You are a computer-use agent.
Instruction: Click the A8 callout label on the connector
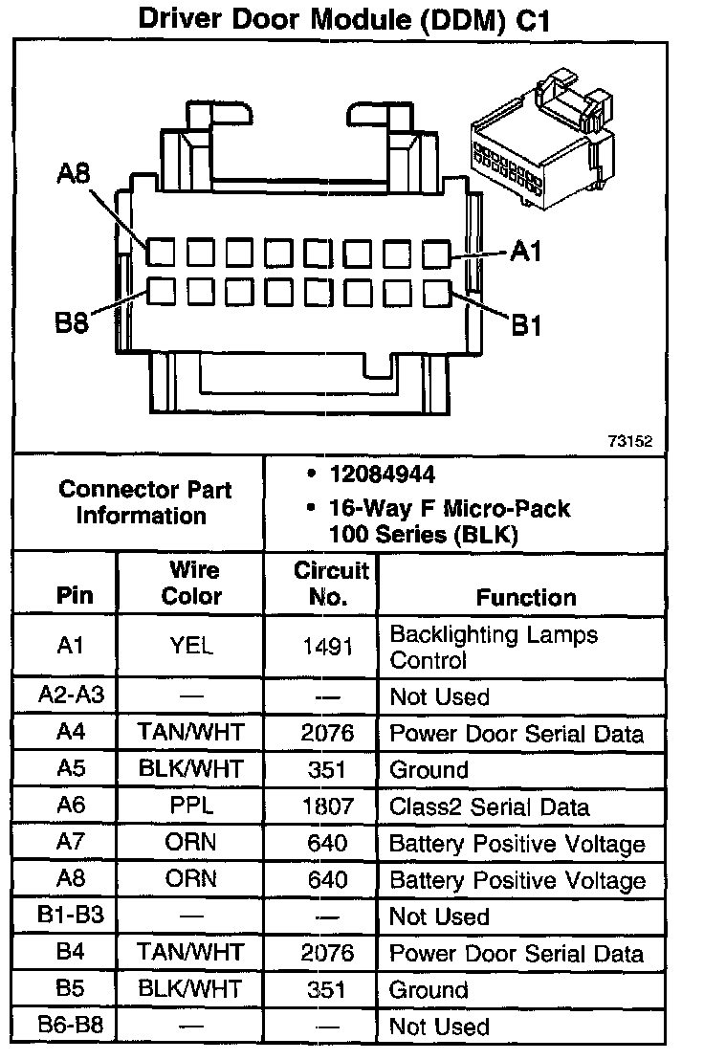tap(74, 174)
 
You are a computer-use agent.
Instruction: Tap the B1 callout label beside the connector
tap(526, 326)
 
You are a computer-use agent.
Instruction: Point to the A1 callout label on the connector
tap(526, 252)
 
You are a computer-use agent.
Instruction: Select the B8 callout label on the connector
tap(71, 322)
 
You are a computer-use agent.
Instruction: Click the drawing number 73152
tap(629, 441)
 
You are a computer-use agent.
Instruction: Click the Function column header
tap(526, 598)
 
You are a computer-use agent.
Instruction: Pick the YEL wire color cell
tap(191, 646)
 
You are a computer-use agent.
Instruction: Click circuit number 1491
tap(328, 646)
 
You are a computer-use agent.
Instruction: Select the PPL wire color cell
tap(191, 806)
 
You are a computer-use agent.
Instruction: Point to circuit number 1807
tap(328, 806)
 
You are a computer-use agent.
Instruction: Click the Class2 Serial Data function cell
tap(489, 806)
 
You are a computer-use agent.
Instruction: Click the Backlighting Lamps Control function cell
tap(494, 648)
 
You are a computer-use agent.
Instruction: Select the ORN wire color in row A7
tap(191, 843)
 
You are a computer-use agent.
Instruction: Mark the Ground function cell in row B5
tap(429, 989)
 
